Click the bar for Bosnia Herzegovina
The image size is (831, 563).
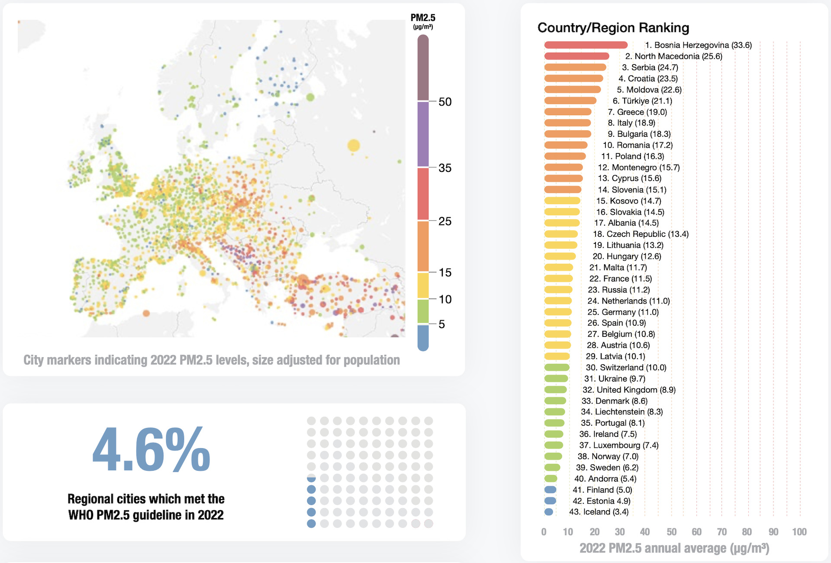(x=586, y=45)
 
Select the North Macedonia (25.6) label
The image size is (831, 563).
(x=673, y=56)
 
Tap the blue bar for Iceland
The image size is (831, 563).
(x=549, y=512)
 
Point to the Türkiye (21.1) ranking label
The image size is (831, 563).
(x=642, y=101)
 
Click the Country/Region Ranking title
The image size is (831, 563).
(x=613, y=28)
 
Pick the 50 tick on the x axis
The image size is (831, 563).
(x=671, y=532)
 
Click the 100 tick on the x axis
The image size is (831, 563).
(x=799, y=532)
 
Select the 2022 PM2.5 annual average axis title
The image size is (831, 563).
(x=674, y=548)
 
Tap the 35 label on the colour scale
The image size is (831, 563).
(x=445, y=168)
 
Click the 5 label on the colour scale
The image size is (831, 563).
(x=441, y=324)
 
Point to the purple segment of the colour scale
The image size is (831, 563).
(x=423, y=134)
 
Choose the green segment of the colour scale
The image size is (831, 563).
(x=423, y=311)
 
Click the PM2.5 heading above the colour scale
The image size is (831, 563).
(x=423, y=18)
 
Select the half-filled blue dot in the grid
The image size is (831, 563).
(x=311, y=478)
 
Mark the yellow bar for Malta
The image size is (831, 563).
(x=558, y=268)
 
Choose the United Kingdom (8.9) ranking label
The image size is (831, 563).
(x=629, y=390)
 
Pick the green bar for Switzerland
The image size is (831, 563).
(x=557, y=368)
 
